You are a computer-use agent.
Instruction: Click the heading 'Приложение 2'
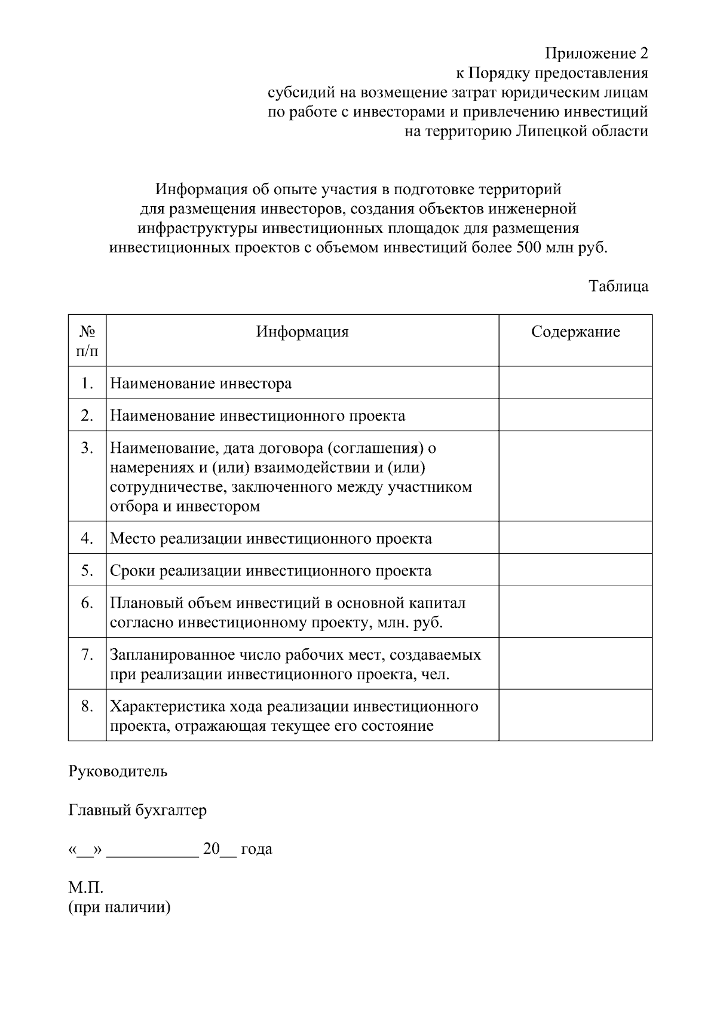click(596, 54)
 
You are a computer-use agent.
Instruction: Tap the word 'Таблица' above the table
click(618, 286)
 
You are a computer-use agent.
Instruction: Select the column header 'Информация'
click(302, 332)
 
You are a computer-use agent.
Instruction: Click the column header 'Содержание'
click(575, 332)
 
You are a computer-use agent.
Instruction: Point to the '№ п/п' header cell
click(87, 340)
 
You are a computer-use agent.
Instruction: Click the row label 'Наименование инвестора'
click(201, 383)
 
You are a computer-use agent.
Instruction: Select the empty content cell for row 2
click(575, 415)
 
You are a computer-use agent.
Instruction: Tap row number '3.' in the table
click(87, 448)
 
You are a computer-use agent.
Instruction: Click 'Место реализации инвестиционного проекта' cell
click(271, 538)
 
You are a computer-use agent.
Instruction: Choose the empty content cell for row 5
click(575, 569)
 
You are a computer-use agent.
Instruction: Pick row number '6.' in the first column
click(87, 602)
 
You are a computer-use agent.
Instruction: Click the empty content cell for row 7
click(575, 663)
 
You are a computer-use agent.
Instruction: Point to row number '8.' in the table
click(87, 706)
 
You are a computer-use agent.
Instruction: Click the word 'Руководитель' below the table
click(118, 771)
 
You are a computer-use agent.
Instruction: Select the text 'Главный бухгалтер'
click(137, 810)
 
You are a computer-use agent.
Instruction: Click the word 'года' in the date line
click(256, 849)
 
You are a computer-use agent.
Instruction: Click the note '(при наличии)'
click(119, 907)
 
